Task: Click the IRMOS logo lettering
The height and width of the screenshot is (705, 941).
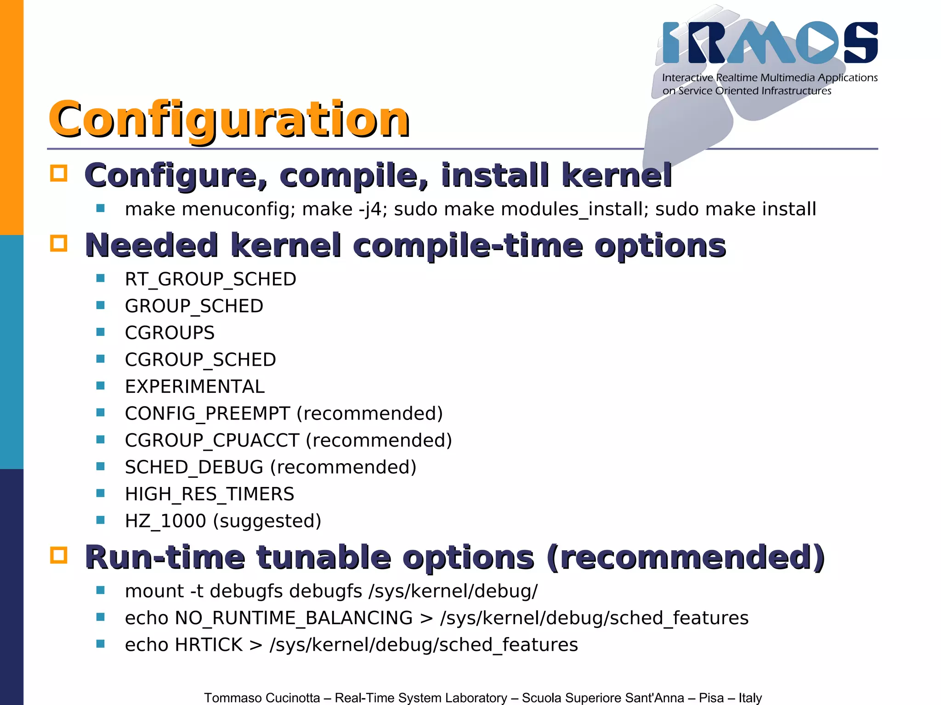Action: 770,43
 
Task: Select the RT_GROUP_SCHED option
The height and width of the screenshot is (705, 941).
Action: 210,279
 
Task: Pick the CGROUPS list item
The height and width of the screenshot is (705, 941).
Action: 170,333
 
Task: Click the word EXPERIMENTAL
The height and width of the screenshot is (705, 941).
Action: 195,386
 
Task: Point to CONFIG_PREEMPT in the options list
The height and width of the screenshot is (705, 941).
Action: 207,414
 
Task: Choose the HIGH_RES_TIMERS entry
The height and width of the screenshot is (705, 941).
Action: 210,494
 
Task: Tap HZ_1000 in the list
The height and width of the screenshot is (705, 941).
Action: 165,521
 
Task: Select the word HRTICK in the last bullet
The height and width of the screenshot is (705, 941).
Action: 209,645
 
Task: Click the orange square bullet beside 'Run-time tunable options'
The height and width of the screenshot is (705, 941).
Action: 59,555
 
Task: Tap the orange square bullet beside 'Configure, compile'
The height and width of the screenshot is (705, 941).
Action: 59,173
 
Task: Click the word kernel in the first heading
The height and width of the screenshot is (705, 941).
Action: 617,175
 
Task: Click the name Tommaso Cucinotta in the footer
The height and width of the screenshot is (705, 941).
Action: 262,698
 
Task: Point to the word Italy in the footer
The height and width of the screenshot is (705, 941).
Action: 750,698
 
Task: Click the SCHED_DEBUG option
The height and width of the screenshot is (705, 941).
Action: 194,467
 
